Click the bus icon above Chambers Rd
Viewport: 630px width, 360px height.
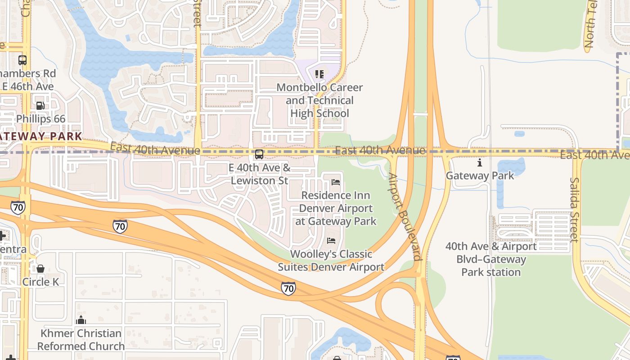[x=22, y=60]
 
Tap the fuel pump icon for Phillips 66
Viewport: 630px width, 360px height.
[x=40, y=106]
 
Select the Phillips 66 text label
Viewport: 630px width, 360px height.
[x=40, y=119]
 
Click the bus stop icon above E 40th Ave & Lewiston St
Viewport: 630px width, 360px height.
[x=259, y=154]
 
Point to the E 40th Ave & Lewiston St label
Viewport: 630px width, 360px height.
[x=259, y=174]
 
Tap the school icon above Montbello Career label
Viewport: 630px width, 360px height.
[x=319, y=74]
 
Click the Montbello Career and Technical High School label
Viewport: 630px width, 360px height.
[x=319, y=100]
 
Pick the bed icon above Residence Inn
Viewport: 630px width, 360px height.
[x=336, y=182]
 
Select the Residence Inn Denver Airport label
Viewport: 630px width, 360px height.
[x=336, y=208]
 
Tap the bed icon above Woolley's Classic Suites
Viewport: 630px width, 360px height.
[x=331, y=241]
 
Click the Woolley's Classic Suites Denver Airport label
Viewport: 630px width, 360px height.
[x=331, y=261]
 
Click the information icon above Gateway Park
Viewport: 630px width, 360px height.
[x=480, y=162]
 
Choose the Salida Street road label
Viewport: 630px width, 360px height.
[x=575, y=209]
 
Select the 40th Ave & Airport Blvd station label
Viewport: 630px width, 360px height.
[x=491, y=259]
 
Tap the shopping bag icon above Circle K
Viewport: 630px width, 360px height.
[x=40, y=269]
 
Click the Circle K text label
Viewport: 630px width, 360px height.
[x=40, y=282]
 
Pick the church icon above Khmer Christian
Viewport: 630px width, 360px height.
[x=81, y=320]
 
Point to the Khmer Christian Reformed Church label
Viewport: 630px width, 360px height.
[x=81, y=340]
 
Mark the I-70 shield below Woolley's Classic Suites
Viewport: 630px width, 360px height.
[x=288, y=288]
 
